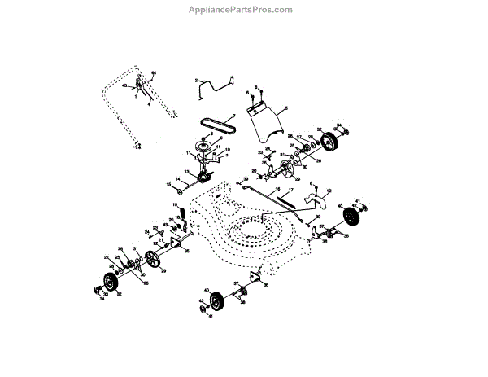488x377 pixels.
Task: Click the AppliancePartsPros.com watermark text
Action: [x=245, y=10]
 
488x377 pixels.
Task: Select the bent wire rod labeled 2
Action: [x=213, y=84]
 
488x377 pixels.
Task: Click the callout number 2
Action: [x=196, y=81]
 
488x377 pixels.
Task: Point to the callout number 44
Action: [x=153, y=74]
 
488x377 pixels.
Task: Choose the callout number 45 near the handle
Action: [x=124, y=85]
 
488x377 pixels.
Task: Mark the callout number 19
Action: [x=174, y=204]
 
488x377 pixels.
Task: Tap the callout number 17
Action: [x=290, y=190]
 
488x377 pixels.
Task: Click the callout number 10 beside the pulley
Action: [x=228, y=150]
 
